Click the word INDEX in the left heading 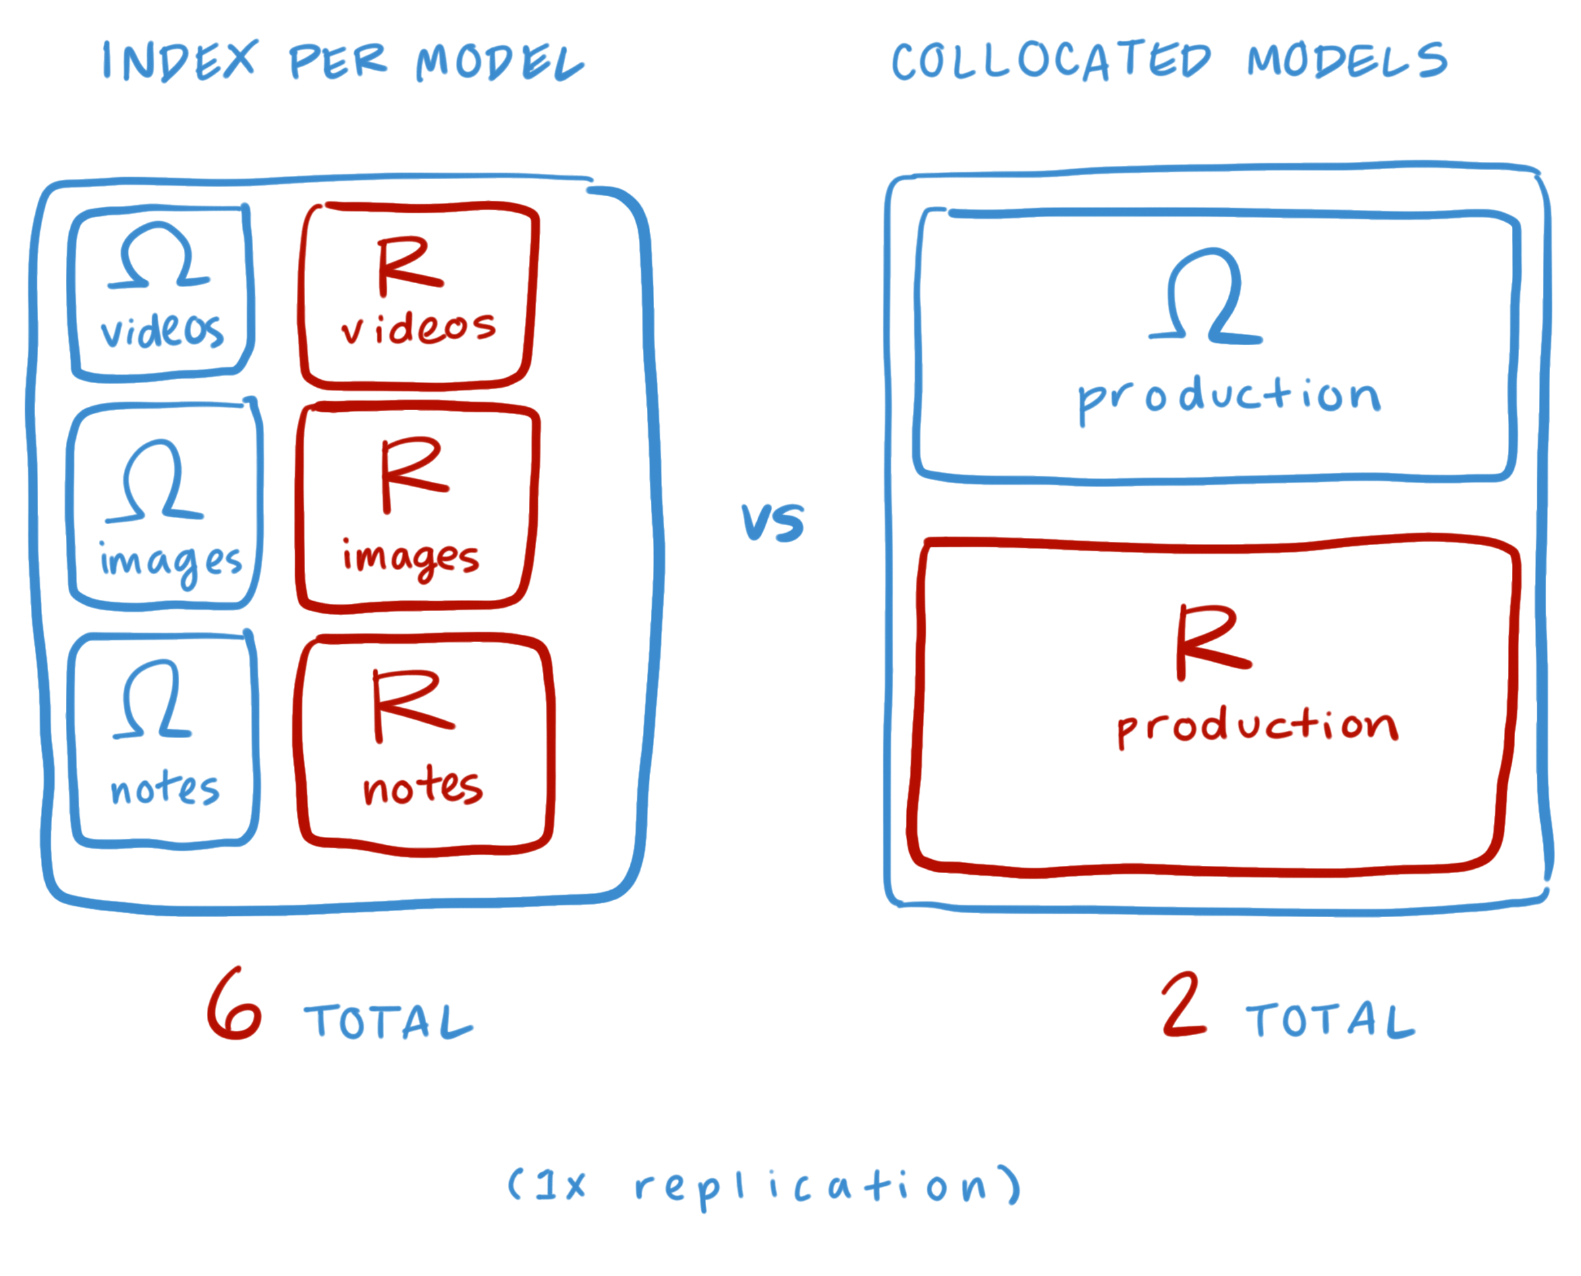(x=179, y=61)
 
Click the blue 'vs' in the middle (x=772, y=523)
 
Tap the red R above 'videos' (x=408, y=265)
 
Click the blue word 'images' (x=171, y=562)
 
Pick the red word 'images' (x=410, y=558)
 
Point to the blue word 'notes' (x=165, y=789)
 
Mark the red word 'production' (x=1257, y=726)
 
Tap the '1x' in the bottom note (x=559, y=1184)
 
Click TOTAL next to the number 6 (x=388, y=1022)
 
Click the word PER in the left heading (x=337, y=61)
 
